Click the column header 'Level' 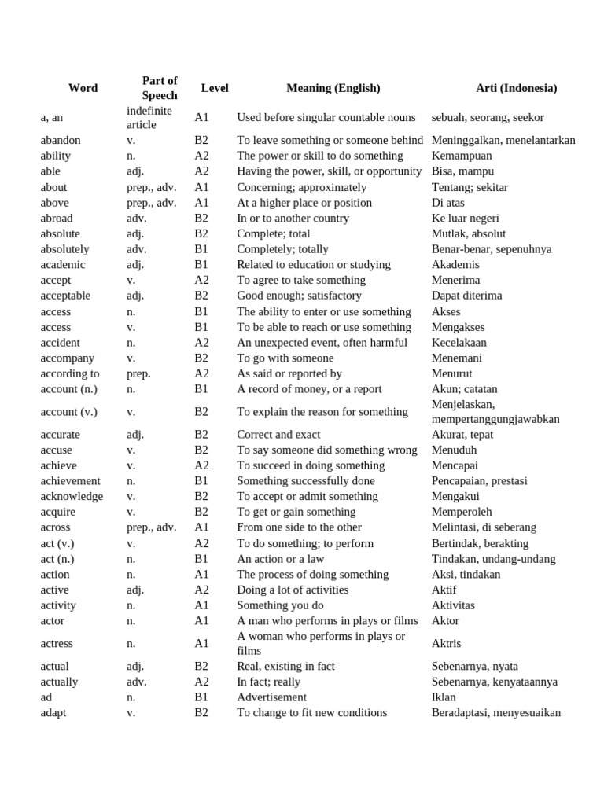coord(215,88)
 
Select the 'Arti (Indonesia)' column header coord(516,88)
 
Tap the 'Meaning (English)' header coord(333,88)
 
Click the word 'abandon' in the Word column coord(61,140)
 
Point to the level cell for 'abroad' coord(201,218)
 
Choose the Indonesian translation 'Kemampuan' coord(462,156)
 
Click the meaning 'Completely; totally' coord(282,249)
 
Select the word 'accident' coord(61,343)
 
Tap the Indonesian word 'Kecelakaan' coord(459,343)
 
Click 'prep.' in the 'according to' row coord(138,373)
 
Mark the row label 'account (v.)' coord(71,411)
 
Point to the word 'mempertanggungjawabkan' coord(495,419)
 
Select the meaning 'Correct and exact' coord(278,434)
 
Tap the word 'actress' coord(57,643)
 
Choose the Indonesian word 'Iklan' coord(444,697)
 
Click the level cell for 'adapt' coord(201,712)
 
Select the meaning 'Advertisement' coord(271,697)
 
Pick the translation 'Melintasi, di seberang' coord(484,527)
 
